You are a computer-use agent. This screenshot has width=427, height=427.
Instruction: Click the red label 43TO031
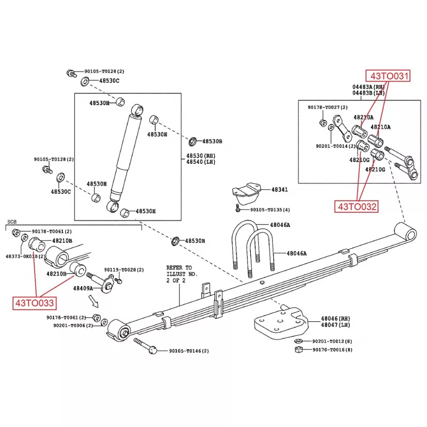(388, 76)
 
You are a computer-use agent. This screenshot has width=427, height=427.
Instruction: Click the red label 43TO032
(357, 206)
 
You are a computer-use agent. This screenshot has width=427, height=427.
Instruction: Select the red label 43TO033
(34, 303)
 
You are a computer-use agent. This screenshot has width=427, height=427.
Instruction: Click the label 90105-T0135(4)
(271, 210)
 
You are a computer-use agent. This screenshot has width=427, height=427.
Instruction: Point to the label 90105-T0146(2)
(189, 351)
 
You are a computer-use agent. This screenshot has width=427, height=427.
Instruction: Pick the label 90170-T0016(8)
(332, 350)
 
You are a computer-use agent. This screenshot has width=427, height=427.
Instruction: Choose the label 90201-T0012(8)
(332, 341)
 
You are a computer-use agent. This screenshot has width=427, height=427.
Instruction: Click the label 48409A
(83, 288)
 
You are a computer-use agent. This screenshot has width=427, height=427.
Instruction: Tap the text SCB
(12, 222)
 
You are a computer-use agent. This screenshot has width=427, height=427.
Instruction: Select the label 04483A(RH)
(368, 86)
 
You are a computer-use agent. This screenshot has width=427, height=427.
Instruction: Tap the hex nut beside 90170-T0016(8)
(299, 350)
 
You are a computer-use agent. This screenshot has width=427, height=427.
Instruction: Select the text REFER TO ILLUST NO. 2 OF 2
(181, 274)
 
